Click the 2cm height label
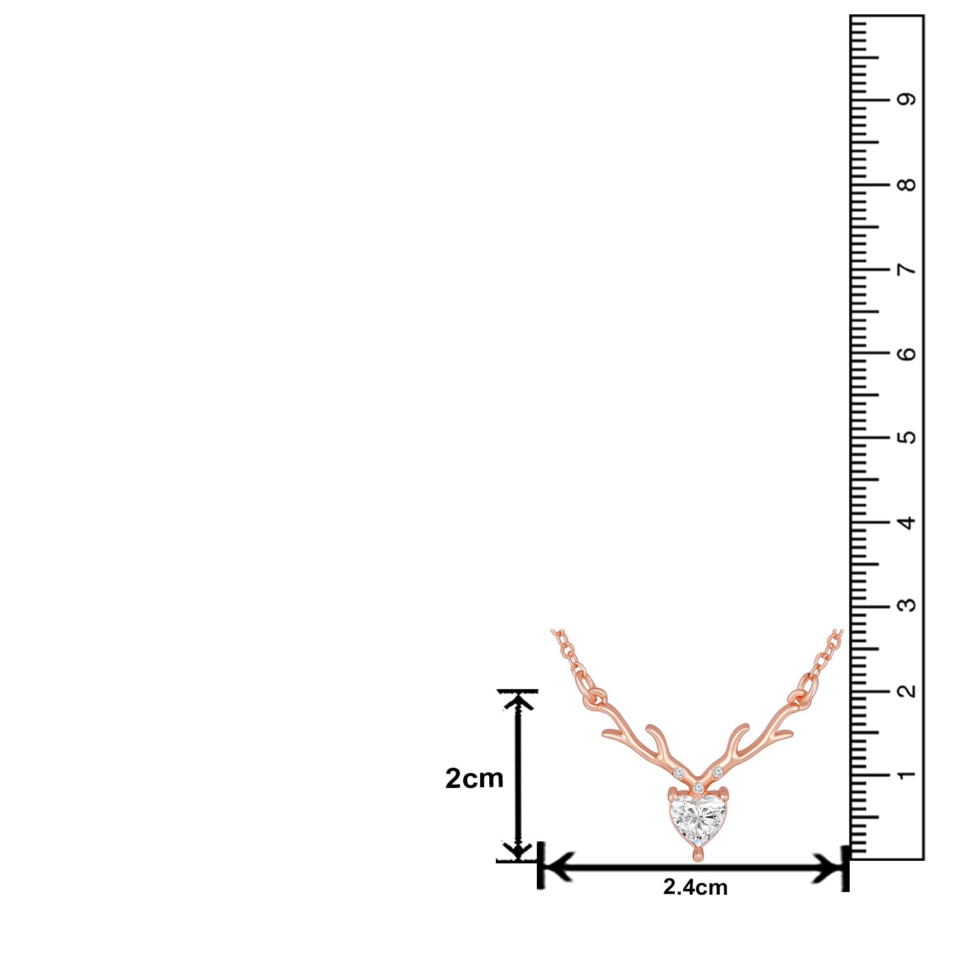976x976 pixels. click(x=474, y=778)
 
